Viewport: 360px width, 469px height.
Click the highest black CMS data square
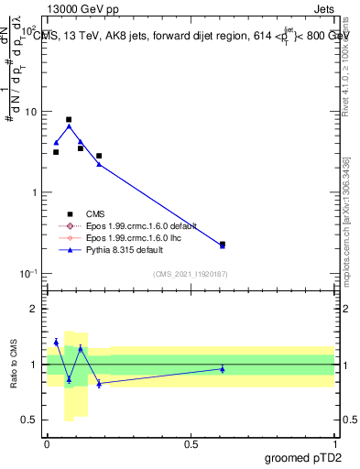(69, 119)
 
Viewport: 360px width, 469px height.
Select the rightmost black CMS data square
(223, 245)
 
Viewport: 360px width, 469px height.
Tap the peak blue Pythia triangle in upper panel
(69, 126)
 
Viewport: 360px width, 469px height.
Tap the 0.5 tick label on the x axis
(191, 443)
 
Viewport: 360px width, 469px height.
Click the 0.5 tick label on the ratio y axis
(33, 422)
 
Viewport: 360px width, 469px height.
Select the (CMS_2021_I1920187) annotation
(190, 273)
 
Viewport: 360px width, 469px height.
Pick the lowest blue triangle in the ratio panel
(99, 384)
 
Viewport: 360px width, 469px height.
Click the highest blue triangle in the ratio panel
(56, 342)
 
